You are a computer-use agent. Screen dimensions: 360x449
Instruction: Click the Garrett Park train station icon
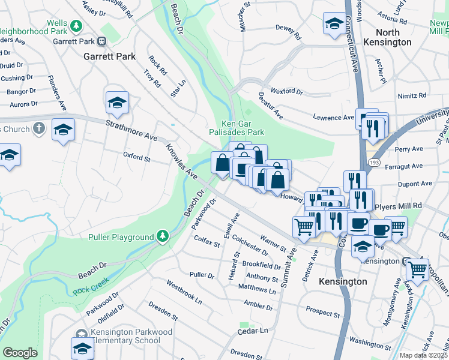point(102,41)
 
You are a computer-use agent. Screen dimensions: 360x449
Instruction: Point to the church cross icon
point(38,128)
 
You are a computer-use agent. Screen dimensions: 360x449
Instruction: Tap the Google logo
point(20,353)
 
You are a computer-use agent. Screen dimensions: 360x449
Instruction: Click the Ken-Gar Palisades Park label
point(237,127)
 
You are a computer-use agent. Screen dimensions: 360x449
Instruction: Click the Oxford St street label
point(136,158)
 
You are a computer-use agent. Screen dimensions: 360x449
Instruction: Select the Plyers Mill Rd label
point(397,206)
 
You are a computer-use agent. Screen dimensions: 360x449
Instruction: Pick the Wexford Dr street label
point(287,92)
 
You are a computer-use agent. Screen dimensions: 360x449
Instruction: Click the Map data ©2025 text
point(424,355)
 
